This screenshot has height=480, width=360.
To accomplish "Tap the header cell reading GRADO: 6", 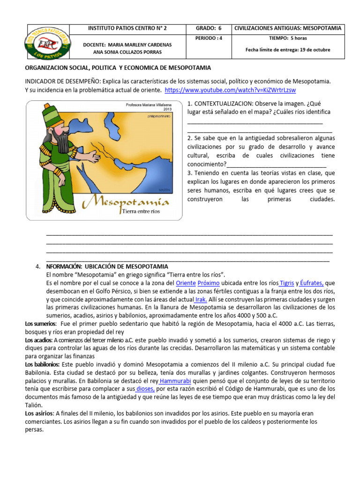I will click(x=206, y=29).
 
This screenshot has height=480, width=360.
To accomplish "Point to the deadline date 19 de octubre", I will click(x=312, y=50).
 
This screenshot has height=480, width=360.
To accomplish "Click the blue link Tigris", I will click(x=287, y=283).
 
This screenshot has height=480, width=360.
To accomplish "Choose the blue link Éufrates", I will click(x=312, y=283).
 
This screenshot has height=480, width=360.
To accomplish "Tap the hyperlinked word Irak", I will click(x=201, y=300).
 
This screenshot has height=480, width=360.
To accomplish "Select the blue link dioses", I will click(x=145, y=388).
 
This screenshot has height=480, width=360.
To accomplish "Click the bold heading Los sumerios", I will click(x=40, y=324).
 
